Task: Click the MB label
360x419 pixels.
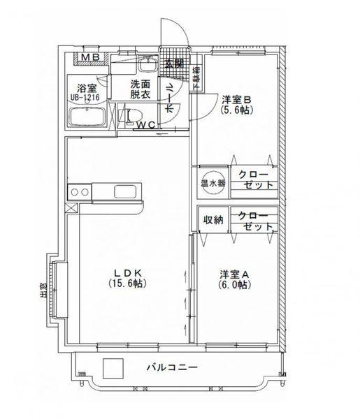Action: point(91,58)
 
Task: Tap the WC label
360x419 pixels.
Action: point(146,126)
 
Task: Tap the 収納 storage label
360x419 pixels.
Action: point(213,221)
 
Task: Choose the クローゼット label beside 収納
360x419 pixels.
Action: point(251,221)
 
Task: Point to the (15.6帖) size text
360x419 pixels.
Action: point(127,284)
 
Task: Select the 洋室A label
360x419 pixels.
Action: point(233,274)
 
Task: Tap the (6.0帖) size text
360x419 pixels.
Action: point(233,285)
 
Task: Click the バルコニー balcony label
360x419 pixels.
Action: point(172,367)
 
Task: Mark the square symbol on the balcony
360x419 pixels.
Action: point(112,368)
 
